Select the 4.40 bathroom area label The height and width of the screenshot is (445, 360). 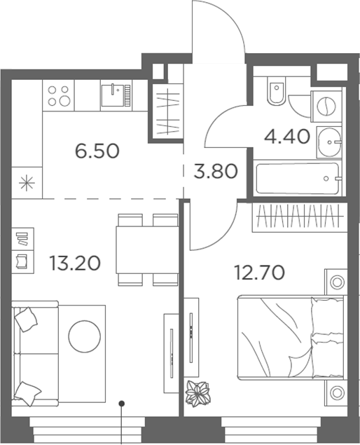point(286,135)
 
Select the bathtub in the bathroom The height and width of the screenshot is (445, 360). point(297,179)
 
